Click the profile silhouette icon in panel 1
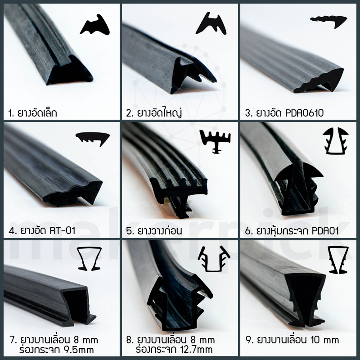pos(94,25)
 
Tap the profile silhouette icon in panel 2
pos(211,24)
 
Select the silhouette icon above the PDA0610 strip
pos(329,21)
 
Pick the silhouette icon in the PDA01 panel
pos(336,140)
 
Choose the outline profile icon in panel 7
pos(89,259)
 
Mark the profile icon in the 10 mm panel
pos(338,260)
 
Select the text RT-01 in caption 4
pos(62,230)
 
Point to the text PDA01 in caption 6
pos(325,231)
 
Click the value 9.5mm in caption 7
pos(80,350)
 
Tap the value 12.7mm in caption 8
pos(198,350)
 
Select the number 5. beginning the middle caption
pos(130,231)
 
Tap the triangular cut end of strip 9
pos(306,298)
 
